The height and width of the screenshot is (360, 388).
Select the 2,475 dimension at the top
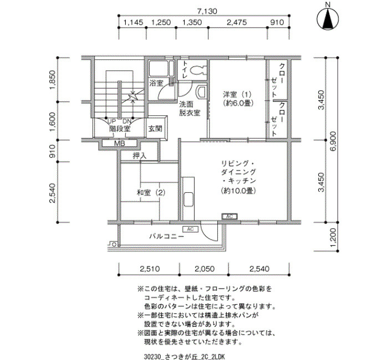[x=237, y=23]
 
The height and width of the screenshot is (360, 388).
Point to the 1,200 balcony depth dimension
[x=333, y=237]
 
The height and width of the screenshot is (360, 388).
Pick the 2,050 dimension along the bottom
[x=205, y=269]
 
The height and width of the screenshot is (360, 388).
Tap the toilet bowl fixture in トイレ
[x=198, y=70]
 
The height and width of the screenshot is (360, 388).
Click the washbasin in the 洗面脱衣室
[x=201, y=91]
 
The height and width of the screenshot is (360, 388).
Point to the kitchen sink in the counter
[x=188, y=199]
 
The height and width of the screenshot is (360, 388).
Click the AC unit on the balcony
[x=190, y=229]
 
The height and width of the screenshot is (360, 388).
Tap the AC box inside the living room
[x=229, y=217]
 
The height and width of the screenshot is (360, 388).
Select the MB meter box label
[x=120, y=143]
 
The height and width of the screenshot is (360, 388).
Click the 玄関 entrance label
[x=155, y=128]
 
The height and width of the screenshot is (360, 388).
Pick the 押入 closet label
[x=140, y=156]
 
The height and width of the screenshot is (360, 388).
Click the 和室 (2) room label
[x=151, y=193]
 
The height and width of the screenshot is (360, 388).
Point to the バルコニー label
[x=166, y=236]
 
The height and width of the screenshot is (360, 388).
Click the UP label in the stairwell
[x=111, y=122]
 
